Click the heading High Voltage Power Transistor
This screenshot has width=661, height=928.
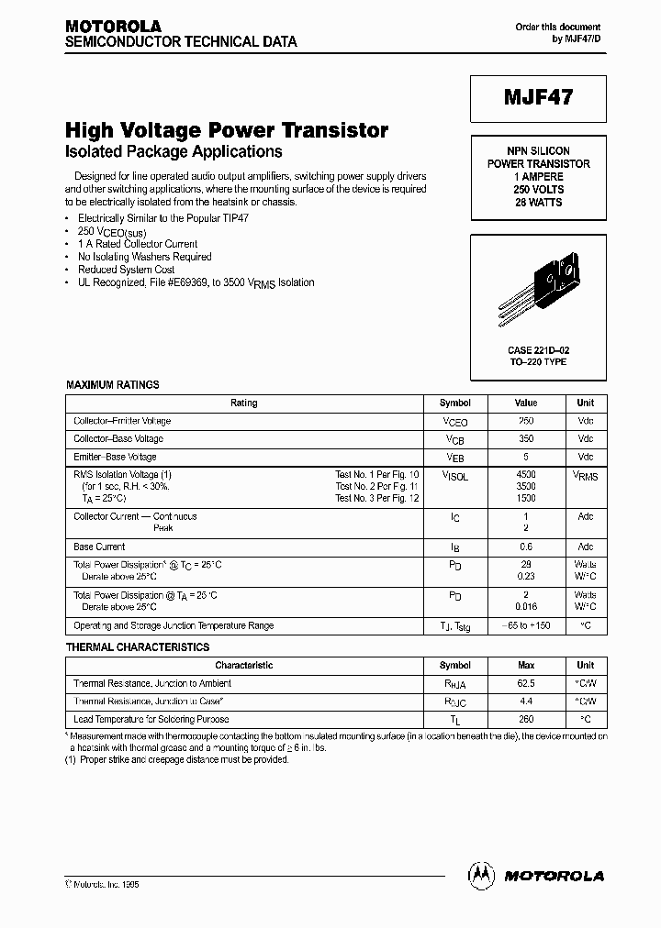227,131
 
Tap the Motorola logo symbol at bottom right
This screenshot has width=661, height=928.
481,875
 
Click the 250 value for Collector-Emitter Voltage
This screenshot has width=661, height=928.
526,421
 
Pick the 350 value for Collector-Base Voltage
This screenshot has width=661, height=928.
526,439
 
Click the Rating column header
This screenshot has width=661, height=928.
244,403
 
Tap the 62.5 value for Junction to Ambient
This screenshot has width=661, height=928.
526,683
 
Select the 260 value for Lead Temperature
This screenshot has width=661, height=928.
526,720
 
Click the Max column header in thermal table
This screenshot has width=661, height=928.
526,665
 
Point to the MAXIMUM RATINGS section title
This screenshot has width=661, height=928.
113,385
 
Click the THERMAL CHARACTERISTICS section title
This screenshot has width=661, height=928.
138,647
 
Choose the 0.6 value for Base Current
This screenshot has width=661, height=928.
526,547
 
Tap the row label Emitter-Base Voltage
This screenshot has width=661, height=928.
115,457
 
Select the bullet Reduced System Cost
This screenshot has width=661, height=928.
126,270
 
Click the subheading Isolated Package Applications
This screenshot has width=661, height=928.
174,152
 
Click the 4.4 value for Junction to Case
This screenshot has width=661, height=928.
526,702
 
